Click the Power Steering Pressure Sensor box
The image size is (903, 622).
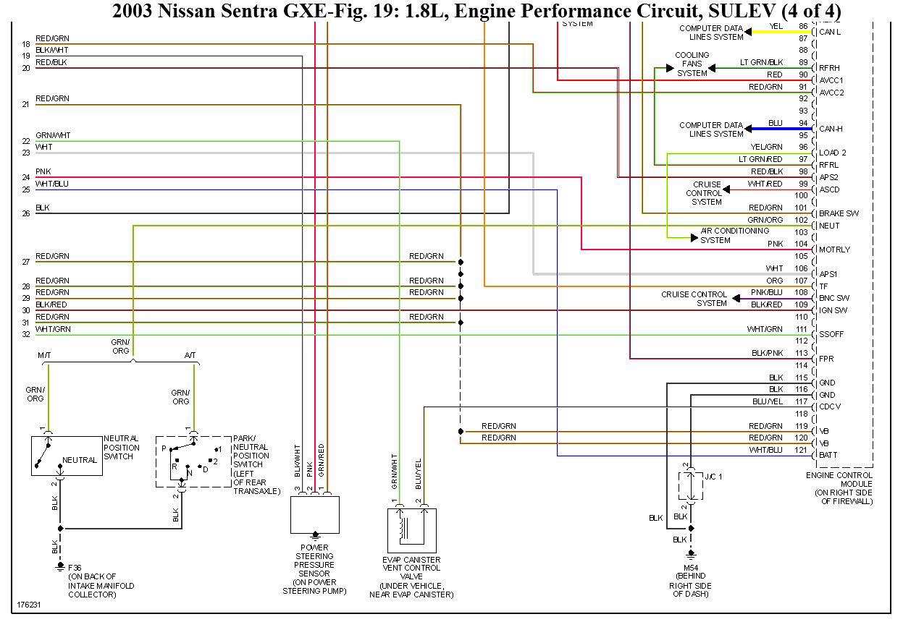(x=315, y=514)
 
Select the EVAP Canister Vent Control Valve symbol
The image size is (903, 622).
(x=411, y=530)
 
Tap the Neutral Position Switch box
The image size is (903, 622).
(x=67, y=456)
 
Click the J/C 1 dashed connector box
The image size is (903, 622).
(x=691, y=486)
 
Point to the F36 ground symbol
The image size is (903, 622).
(x=60, y=567)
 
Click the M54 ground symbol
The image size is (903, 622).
(x=691, y=555)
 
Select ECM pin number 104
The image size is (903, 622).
(x=801, y=244)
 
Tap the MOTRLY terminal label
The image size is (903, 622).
(x=834, y=250)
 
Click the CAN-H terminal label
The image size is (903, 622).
(x=831, y=129)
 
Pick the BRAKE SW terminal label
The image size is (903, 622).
(x=839, y=213)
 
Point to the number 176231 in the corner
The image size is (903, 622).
(x=29, y=605)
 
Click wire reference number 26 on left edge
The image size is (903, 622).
(x=26, y=213)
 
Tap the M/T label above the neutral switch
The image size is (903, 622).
(x=44, y=355)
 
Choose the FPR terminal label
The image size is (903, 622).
(x=826, y=359)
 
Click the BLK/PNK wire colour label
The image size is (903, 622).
(x=767, y=353)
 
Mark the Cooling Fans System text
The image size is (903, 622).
(x=692, y=64)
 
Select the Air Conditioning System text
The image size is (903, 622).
(x=734, y=236)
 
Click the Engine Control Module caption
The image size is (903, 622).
(x=839, y=488)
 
